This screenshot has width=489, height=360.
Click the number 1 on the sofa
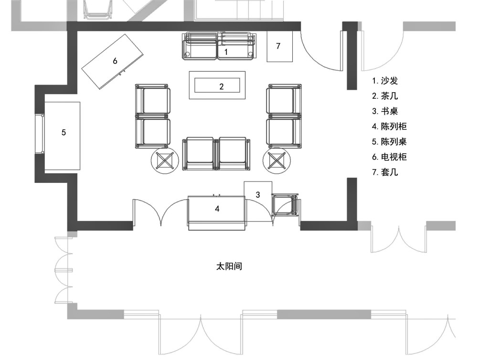coord(226,52)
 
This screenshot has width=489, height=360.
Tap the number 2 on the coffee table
coord(222,86)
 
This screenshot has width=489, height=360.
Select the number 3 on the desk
coord(257,195)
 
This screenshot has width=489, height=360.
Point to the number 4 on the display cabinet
coord(217,209)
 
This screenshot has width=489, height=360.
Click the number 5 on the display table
coord(64,132)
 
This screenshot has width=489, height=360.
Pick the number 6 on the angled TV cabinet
coord(115,61)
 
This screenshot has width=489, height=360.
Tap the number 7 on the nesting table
coord(278,46)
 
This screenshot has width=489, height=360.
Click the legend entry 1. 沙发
coord(385,81)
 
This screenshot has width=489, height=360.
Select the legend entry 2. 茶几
coord(385,96)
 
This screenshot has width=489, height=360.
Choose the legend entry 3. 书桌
coord(385,111)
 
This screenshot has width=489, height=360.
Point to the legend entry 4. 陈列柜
coord(389,126)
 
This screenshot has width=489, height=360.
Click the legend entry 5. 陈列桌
coord(389,141)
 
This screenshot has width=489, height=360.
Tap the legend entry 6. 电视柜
coord(389,157)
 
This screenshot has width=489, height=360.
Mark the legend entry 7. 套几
coord(385,172)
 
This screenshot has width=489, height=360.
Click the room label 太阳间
coord(229,266)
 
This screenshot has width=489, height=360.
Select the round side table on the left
coord(165,161)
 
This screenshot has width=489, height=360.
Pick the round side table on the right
coord(276,161)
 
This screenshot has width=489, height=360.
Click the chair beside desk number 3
coord(285,205)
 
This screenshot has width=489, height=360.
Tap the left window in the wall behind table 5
coord(40,134)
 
